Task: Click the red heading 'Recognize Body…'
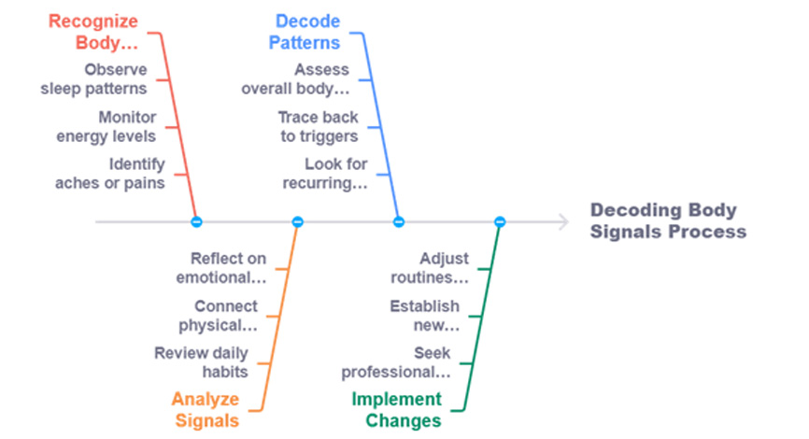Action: (93, 32)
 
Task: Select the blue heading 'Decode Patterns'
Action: (305, 32)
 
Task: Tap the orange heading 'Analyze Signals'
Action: (206, 410)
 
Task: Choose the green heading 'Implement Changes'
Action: (396, 410)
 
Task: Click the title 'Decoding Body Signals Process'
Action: (668, 220)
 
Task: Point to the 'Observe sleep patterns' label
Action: (94, 79)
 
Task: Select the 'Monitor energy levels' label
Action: (106, 126)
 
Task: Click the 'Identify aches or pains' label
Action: (110, 174)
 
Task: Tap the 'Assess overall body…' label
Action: (295, 79)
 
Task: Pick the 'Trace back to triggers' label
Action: (319, 126)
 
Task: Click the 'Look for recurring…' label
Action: (325, 174)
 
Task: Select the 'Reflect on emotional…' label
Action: (221, 268)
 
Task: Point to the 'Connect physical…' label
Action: (218, 315)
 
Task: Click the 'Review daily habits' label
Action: (201, 362)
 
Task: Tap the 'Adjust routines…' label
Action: (430, 268)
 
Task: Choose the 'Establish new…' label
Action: (425, 315)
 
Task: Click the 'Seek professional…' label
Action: (396, 362)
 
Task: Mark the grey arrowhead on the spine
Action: (564, 221)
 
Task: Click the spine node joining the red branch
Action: (196, 221)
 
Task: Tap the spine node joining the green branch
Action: (500, 221)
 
